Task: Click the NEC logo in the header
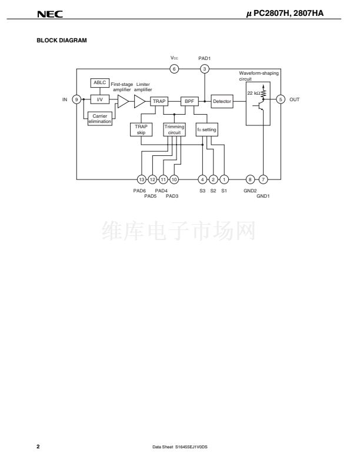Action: click(x=50, y=14)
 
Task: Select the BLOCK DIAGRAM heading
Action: click(x=62, y=41)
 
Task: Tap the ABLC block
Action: click(x=100, y=82)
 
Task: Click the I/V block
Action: click(x=100, y=99)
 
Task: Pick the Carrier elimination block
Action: click(x=100, y=119)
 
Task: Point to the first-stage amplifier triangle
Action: click(x=123, y=101)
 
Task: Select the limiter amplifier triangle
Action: click(x=139, y=101)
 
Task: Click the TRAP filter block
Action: click(x=159, y=101)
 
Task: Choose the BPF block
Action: click(x=189, y=101)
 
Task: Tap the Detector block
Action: click(x=222, y=101)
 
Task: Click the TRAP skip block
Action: click(x=141, y=129)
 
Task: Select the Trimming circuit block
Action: click(x=174, y=129)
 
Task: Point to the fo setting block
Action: click(x=206, y=129)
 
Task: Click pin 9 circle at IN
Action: click(x=76, y=99)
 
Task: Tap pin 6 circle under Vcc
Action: click(x=174, y=69)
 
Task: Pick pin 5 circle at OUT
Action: click(x=281, y=99)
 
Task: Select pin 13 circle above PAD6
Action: click(x=142, y=179)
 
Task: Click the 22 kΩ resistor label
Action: click(x=254, y=93)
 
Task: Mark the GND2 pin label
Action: click(x=250, y=191)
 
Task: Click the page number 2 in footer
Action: click(x=38, y=447)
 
